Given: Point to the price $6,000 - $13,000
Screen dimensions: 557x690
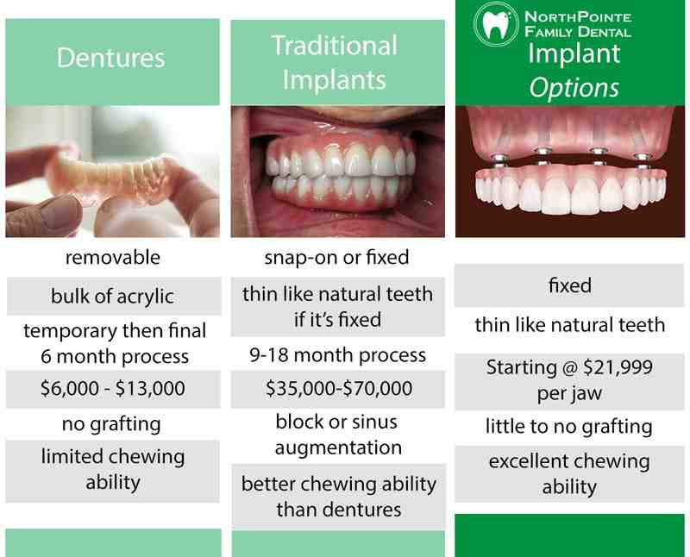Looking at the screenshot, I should tap(113, 388).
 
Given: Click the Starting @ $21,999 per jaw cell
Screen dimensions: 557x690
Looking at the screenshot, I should tap(570, 380).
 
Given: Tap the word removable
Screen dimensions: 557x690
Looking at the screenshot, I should tap(113, 257).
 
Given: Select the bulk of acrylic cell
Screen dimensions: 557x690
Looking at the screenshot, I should tap(113, 297).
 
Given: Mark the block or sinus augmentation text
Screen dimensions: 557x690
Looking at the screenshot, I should tap(338, 435).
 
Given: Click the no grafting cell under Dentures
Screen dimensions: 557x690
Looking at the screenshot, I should tap(113, 423).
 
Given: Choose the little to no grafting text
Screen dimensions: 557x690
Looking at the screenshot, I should tap(570, 426).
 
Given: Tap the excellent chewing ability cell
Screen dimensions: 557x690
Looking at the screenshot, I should tap(570, 473).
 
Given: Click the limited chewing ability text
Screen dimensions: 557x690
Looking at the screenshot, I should tap(113, 468).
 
